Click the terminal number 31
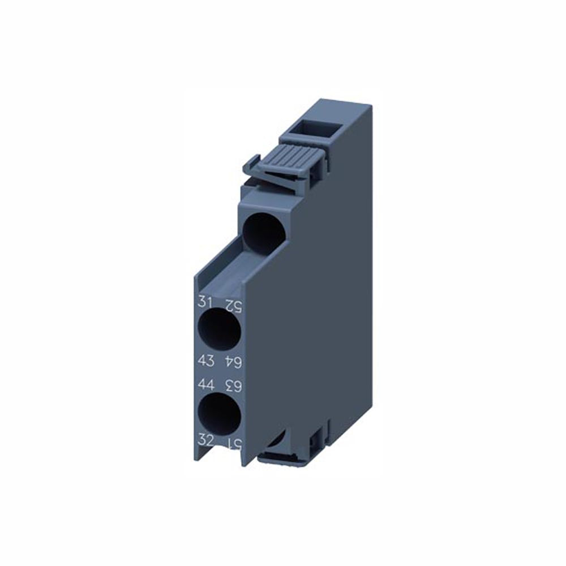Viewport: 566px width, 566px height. pyautogui.click(x=204, y=302)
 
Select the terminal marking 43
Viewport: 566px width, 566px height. pyautogui.click(x=204, y=360)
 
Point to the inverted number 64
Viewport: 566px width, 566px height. pyautogui.click(x=234, y=361)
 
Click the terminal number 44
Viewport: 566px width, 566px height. pyautogui.click(x=205, y=385)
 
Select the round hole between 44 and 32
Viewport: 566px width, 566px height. pyautogui.click(x=220, y=411)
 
